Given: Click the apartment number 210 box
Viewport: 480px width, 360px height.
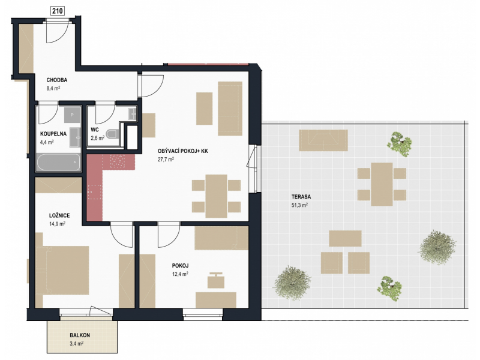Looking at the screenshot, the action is tap(58, 11).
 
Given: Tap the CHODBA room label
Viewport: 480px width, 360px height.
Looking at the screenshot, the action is tap(56, 80).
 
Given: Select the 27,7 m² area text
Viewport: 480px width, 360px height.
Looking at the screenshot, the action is tap(166, 159).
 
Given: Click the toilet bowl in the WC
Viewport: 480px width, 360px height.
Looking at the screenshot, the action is tap(112, 134).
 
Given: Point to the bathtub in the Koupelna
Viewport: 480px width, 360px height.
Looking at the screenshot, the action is tap(58, 162).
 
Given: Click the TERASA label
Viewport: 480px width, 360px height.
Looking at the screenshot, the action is tap(301, 197).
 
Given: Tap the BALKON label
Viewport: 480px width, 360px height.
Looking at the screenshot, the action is tap(80, 335).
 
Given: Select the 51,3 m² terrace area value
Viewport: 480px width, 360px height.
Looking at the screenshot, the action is tap(299, 205).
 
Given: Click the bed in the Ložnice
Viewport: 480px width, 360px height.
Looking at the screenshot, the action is tap(62, 270).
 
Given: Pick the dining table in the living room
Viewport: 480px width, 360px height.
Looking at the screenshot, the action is tap(216, 196).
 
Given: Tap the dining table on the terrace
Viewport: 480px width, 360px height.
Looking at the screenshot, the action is tap(382, 184).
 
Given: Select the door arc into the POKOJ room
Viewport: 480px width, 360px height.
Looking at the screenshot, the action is tap(169, 235).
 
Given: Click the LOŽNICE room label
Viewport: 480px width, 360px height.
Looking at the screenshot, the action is tap(59, 215).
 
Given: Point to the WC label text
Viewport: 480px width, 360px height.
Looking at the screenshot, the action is tap(95, 130).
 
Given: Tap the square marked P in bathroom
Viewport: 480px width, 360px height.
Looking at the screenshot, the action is tap(72, 115).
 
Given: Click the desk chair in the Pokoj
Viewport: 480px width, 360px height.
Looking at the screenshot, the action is tap(216, 280).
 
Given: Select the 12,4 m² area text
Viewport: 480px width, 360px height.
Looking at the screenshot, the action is tap(180, 274).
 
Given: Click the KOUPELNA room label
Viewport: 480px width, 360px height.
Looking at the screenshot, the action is tap(53, 134).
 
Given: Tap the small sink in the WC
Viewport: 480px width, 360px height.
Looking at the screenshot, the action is tap(132, 113).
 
